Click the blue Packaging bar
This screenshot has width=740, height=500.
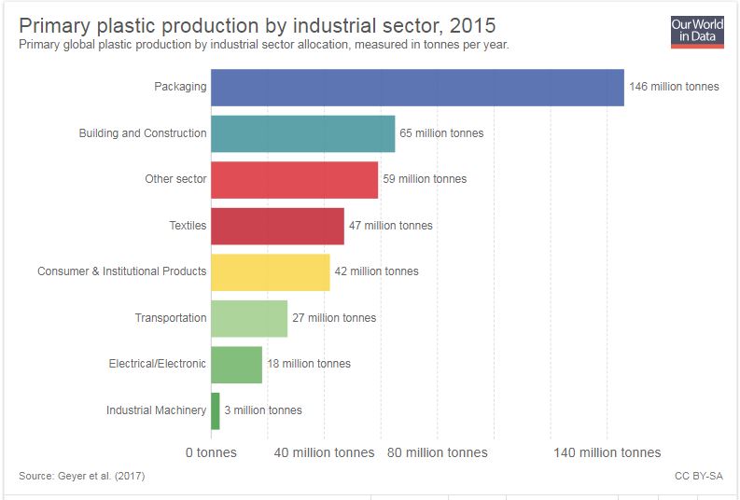[417, 88]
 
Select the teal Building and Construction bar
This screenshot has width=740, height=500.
[302, 133]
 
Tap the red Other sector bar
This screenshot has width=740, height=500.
[294, 179]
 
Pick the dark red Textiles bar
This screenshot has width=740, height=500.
[277, 226]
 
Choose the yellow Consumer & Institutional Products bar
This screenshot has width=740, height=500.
[270, 271]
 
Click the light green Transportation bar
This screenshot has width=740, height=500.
[248, 318]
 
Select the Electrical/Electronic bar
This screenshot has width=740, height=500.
[236, 364]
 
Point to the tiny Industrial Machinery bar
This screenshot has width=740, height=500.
[216, 410]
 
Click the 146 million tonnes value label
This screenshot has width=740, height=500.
[674, 87]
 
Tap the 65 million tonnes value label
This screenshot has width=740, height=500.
[441, 133]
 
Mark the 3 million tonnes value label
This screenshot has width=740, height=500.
[263, 410]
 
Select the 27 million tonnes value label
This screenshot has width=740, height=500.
[334, 318]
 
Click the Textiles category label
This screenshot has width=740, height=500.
[188, 226]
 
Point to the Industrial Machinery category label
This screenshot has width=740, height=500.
[156, 410]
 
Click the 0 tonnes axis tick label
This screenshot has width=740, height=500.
[211, 452]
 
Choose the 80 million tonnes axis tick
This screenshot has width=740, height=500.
[437, 452]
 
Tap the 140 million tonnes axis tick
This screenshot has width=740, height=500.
[607, 452]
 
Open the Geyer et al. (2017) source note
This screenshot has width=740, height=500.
[81, 477]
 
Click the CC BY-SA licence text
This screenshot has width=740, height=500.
[698, 477]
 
